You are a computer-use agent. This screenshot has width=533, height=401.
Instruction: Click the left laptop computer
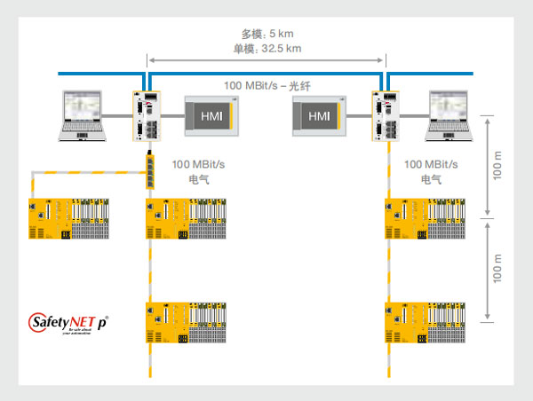(84, 115)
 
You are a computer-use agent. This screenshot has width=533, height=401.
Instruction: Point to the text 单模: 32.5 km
(264, 49)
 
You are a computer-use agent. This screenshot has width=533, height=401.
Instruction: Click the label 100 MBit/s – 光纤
(272, 85)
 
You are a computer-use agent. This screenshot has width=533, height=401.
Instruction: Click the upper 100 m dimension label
(497, 165)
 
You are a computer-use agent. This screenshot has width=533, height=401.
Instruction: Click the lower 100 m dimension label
(497, 269)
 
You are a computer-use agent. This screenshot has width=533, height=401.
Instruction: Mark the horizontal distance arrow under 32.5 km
(266, 61)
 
